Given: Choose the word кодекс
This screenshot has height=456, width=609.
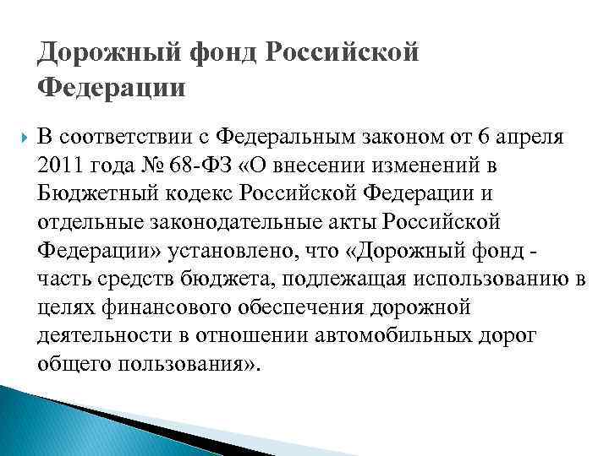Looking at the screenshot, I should coord(201,193).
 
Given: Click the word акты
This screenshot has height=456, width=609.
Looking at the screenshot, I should coord(348,221).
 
